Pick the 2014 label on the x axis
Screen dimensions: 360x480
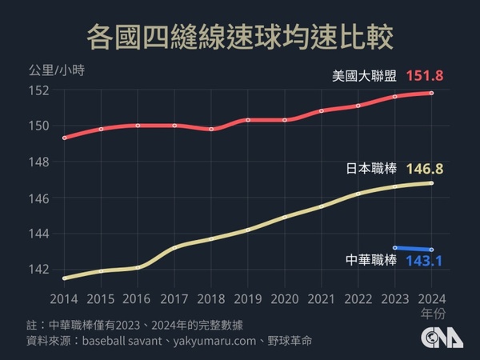click(x=63, y=298)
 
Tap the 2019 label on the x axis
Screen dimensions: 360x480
click(x=247, y=298)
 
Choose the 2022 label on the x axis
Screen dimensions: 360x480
click(x=358, y=298)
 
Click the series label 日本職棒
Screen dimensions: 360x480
click(x=372, y=170)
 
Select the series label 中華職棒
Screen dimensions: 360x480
click(x=372, y=261)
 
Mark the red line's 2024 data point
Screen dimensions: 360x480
click(x=432, y=93)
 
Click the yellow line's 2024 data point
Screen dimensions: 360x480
click(x=432, y=182)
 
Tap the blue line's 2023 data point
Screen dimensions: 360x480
click(x=395, y=248)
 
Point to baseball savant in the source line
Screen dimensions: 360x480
click(x=120, y=340)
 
